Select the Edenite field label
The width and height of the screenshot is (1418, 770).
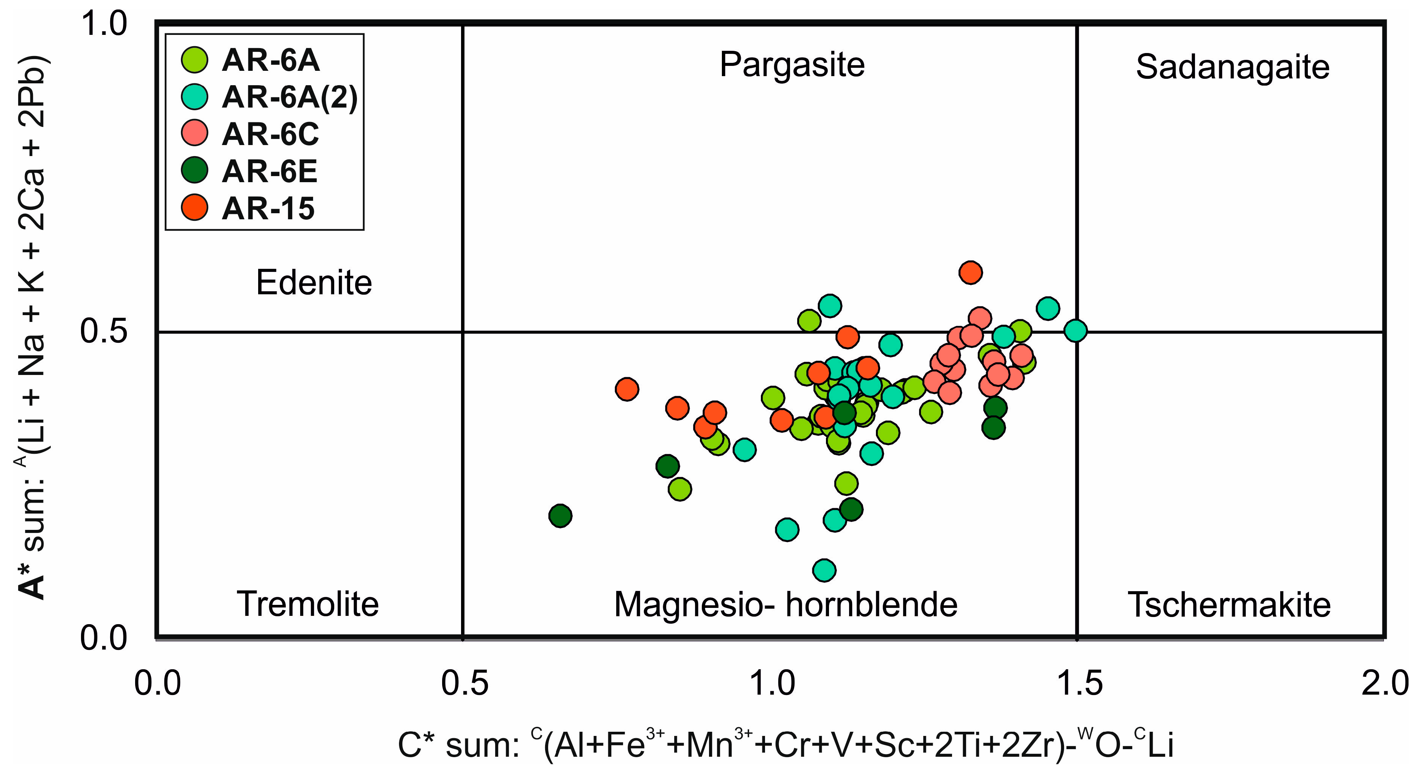point(314,283)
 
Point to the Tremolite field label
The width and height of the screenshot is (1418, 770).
point(308,604)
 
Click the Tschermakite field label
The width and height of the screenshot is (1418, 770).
point(1229,604)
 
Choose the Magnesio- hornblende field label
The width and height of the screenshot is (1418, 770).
point(785,604)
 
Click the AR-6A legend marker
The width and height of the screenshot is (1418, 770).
point(194,59)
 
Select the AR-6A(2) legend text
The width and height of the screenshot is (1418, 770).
point(290,97)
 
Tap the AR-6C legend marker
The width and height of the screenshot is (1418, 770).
point(194,133)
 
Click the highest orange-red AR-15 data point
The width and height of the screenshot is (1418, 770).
point(970,272)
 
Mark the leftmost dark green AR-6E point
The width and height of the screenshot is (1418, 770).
point(560,515)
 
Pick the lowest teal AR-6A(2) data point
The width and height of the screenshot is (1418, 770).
point(823,570)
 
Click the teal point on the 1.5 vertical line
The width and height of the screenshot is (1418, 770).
point(1075,331)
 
